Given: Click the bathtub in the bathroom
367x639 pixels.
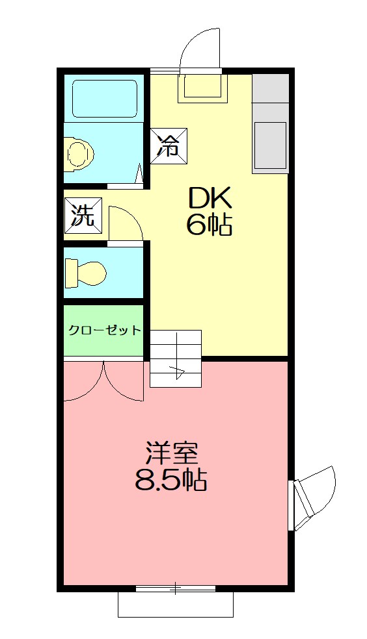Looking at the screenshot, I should point(105,98).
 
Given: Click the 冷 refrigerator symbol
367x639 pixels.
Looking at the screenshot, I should point(169,145).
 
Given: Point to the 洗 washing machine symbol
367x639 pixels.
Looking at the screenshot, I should point(83,214).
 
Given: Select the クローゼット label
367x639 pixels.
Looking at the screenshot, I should point(104,330).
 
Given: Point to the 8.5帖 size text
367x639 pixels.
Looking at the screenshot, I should point(171,481).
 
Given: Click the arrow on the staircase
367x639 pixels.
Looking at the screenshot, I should point(177,372).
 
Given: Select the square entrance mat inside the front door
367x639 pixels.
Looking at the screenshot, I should point(202,88).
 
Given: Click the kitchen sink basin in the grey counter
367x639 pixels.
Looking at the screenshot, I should point(270,145).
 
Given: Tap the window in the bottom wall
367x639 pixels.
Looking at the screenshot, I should point(175,589).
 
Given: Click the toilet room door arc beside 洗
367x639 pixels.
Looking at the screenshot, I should point(126,225).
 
